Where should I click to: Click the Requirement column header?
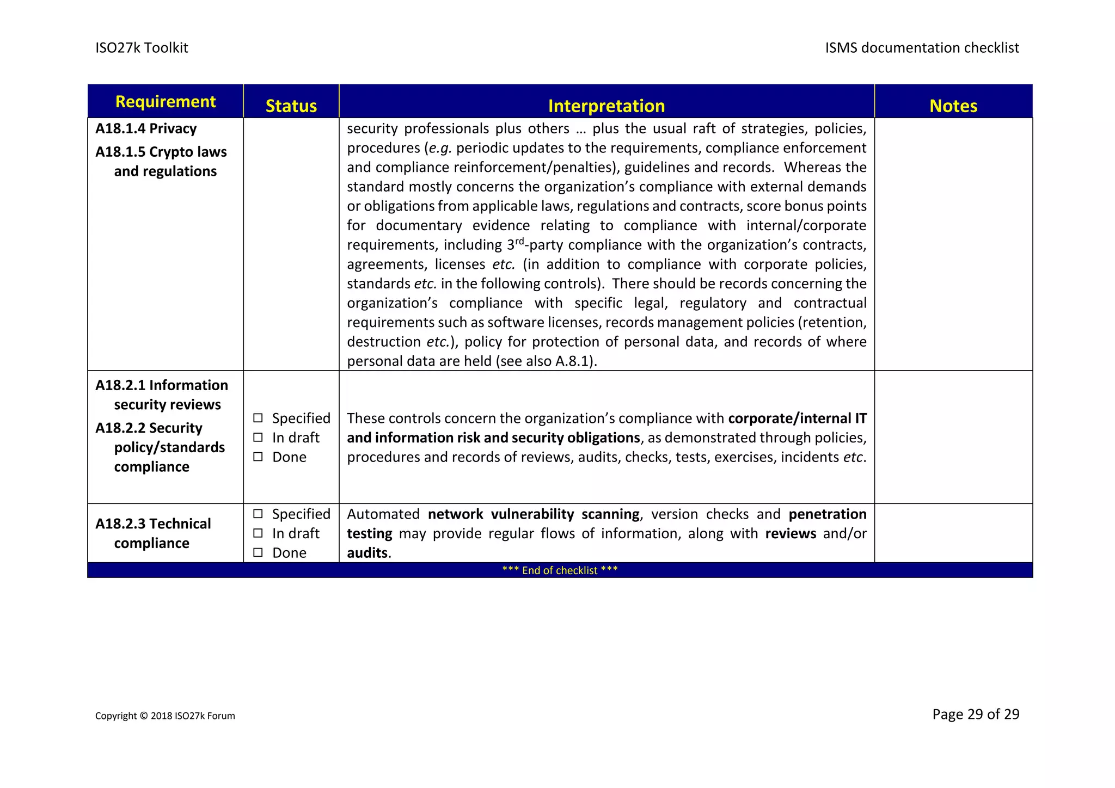coord(166,102)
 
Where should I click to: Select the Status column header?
coord(291,106)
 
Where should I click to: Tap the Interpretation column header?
coord(606,106)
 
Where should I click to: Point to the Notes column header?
coord(953,106)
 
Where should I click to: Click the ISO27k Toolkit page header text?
coord(142,48)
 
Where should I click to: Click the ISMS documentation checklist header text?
coord(921,48)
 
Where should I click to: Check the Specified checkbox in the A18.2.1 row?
coord(258,418)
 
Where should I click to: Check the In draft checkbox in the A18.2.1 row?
coord(258,438)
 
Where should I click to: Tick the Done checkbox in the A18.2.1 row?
coord(258,457)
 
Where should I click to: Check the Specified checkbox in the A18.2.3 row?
coord(258,514)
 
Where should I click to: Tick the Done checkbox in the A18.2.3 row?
coord(258,553)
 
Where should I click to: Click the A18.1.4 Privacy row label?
coord(146,128)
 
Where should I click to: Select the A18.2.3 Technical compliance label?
coord(153,533)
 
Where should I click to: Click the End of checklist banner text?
coord(560,570)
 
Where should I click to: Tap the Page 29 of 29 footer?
coord(975,714)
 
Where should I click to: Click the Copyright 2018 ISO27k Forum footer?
coord(165,716)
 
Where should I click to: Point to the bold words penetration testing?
coord(827,514)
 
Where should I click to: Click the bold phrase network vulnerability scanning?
coord(534,514)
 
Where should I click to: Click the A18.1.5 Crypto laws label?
coord(161,152)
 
